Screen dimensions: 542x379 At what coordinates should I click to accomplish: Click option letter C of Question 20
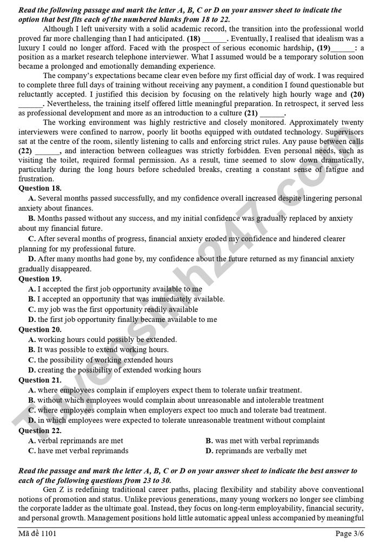[x=32, y=360]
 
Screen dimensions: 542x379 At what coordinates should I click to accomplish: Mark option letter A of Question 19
[x=32, y=289]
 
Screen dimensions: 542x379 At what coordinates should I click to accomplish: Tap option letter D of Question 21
[x=32, y=420]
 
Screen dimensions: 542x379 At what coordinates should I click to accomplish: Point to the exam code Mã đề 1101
[x=37, y=533]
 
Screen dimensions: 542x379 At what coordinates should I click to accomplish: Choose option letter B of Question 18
[x=32, y=218]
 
